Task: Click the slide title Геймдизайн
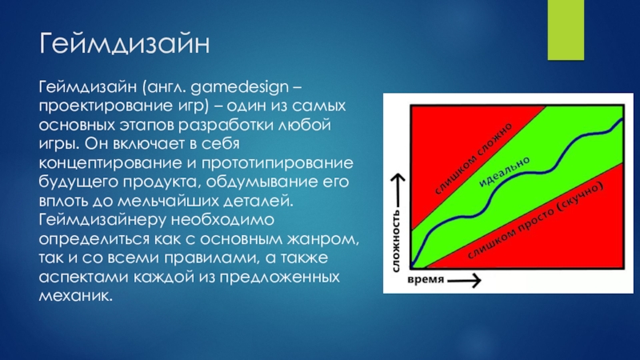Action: (125, 44)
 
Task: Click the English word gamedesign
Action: (239, 88)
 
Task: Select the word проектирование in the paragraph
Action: (94, 106)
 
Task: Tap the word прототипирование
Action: (277, 163)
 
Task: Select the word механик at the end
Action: (75, 295)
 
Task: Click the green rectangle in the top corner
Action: (566, 30)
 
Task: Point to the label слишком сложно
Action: (474, 158)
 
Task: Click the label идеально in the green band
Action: (504, 172)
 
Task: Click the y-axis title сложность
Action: (395, 241)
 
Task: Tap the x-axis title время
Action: (426, 280)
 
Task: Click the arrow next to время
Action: (464, 281)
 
